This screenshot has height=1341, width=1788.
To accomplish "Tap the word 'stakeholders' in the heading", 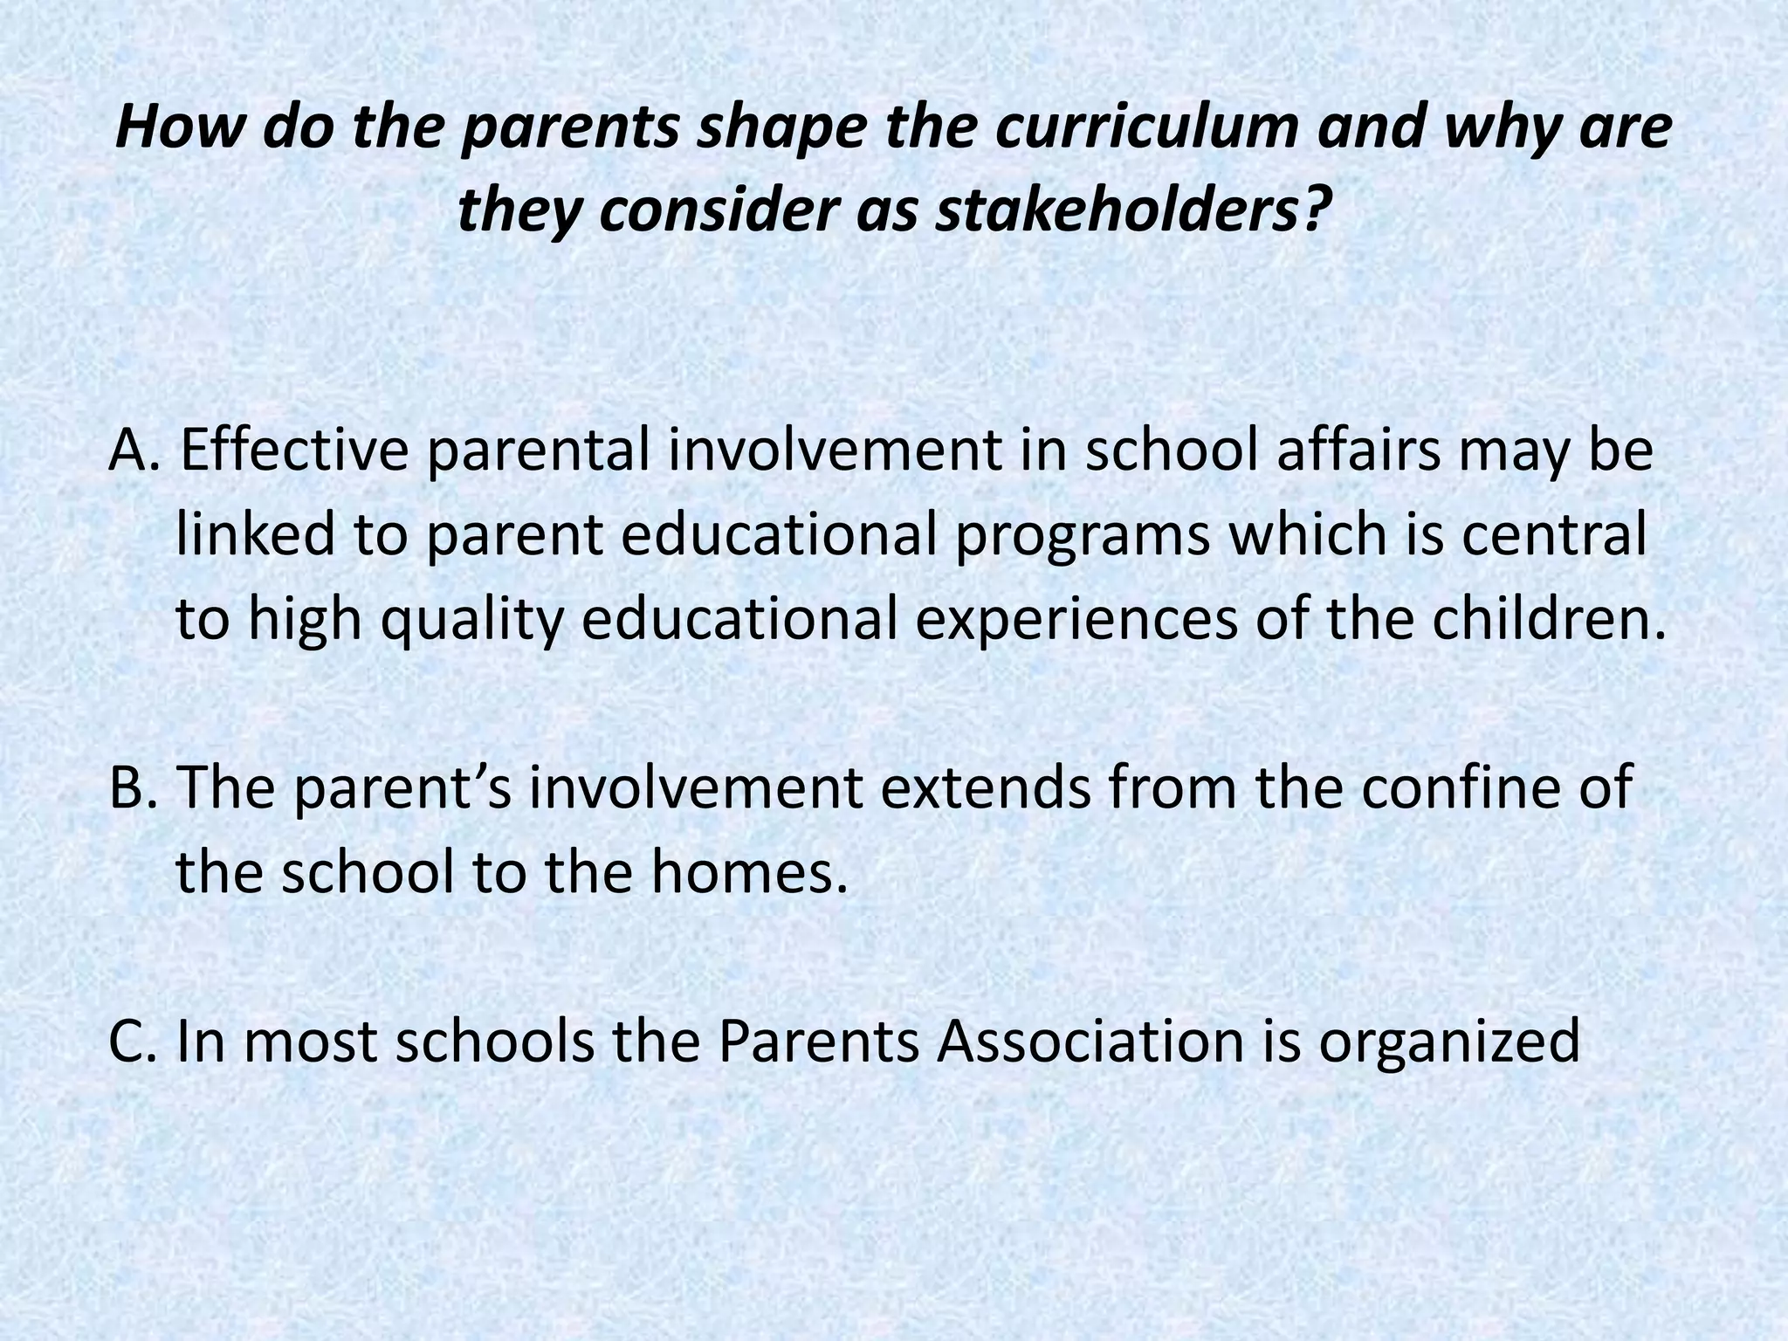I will [x=1117, y=211].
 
